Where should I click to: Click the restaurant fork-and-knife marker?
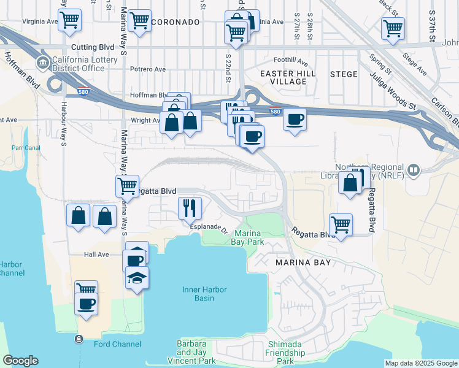[190, 209]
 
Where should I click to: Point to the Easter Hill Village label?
[287, 77]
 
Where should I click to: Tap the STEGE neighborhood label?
[344, 74]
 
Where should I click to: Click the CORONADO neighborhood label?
[175, 22]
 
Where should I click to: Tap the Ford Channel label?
[117, 344]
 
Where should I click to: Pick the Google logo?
[20, 361]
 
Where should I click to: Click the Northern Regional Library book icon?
[414, 169]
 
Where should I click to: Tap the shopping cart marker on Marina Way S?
[127, 185]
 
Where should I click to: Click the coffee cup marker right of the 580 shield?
[295, 119]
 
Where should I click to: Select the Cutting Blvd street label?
[93, 47]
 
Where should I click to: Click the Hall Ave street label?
[96, 255]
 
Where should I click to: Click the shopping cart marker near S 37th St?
[393, 28]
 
